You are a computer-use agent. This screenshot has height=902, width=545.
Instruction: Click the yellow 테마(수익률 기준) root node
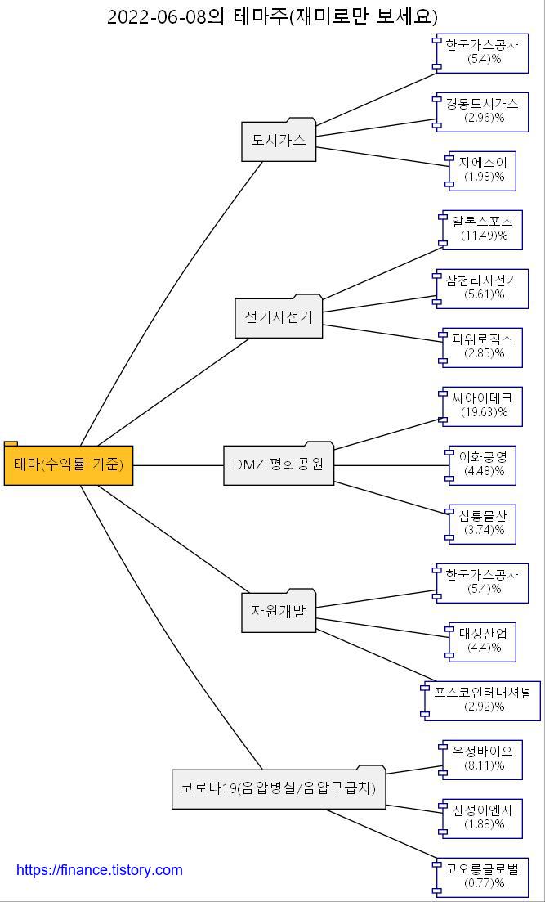point(69,465)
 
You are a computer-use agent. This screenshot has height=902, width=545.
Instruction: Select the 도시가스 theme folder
point(279,141)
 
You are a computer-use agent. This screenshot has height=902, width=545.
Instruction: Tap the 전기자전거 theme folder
point(279,316)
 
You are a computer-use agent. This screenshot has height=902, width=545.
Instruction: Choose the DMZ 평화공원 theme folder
point(279,464)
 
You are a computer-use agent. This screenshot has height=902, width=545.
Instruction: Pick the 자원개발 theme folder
point(279,611)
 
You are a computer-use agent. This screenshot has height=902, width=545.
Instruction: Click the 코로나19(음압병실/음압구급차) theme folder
point(279,788)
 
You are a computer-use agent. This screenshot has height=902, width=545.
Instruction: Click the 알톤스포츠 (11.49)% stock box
point(484,229)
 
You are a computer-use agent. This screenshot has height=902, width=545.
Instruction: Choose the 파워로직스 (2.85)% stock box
point(484,347)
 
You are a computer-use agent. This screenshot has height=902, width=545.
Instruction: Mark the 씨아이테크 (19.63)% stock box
point(484,406)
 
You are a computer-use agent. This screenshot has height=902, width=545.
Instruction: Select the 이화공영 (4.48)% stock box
point(484,464)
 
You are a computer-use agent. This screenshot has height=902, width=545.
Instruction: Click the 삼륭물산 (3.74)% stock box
point(484,523)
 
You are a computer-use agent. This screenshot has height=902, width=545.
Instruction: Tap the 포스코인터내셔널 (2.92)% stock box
point(482,700)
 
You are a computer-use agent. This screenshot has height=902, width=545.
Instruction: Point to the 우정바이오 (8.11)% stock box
point(484,759)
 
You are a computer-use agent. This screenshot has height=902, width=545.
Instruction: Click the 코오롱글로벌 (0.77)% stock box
point(482,877)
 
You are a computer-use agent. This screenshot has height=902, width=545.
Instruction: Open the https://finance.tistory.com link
point(100,870)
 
